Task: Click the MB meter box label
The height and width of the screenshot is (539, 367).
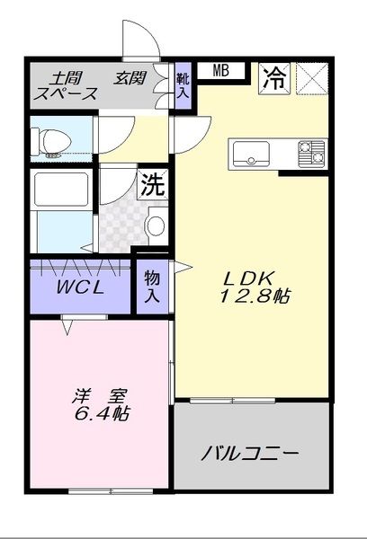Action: click(221, 71)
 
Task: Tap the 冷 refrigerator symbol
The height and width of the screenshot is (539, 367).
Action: click(274, 78)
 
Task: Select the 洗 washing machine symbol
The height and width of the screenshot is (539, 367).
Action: click(153, 185)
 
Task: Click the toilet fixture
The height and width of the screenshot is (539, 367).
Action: click(51, 142)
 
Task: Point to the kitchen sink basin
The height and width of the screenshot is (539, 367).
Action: click(251, 154)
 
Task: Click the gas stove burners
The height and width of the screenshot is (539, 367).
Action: click(311, 154)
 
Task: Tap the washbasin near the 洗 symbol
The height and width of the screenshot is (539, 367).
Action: click(156, 225)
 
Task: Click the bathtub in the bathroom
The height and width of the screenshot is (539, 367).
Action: click(60, 190)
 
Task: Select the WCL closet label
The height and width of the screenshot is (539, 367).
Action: click(80, 287)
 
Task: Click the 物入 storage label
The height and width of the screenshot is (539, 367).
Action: click(152, 287)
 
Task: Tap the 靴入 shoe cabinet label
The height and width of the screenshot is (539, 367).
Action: click(183, 85)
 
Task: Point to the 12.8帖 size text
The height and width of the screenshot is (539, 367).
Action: click(255, 296)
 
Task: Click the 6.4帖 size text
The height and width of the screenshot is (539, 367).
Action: click(102, 413)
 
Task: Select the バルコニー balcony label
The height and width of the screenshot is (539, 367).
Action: click(250, 454)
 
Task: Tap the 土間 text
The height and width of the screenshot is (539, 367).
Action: click(66, 78)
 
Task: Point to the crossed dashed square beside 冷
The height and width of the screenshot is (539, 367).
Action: click(313, 78)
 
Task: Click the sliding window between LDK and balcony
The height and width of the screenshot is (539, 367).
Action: click(232, 401)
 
